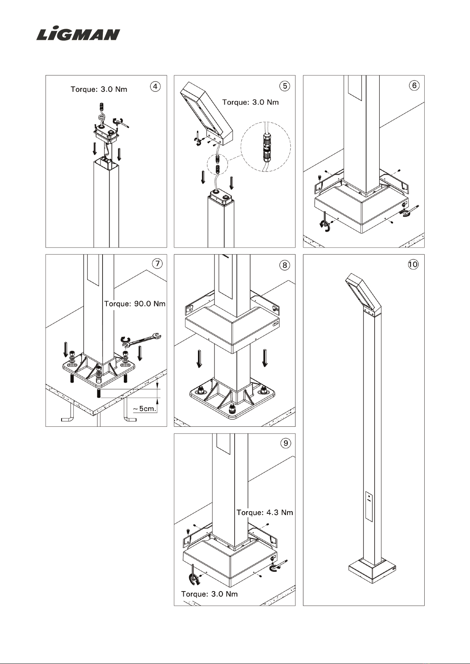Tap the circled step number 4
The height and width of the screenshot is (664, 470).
click(x=155, y=87)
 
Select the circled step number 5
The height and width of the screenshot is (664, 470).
click(x=285, y=86)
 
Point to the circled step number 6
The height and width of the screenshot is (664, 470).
click(x=414, y=86)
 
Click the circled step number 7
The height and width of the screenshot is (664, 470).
click(x=157, y=263)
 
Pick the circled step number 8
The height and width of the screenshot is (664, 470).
click(x=285, y=265)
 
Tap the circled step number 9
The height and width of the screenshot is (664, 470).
click(x=285, y=443)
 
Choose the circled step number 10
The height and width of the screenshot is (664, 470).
click(x=413, y=264)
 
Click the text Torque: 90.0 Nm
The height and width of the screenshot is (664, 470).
click(x=134, y=304)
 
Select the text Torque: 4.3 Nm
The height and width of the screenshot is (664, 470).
click(x=265, y=513)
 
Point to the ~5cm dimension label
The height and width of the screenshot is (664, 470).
click(x=144, y=409)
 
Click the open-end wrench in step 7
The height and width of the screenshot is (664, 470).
click(x=142, y=340)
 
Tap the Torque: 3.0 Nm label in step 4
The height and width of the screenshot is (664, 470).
click(x=99, y=89)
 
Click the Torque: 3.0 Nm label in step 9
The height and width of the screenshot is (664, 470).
click(x=209, y=594)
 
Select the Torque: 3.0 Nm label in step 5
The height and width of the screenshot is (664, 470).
click(x=250, y=102)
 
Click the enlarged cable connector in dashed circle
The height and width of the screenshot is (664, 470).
click(x=266, y=147)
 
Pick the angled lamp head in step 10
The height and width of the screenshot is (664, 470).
click(x=364, y=295)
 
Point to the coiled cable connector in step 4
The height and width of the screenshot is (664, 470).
click(x=101, y=113)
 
